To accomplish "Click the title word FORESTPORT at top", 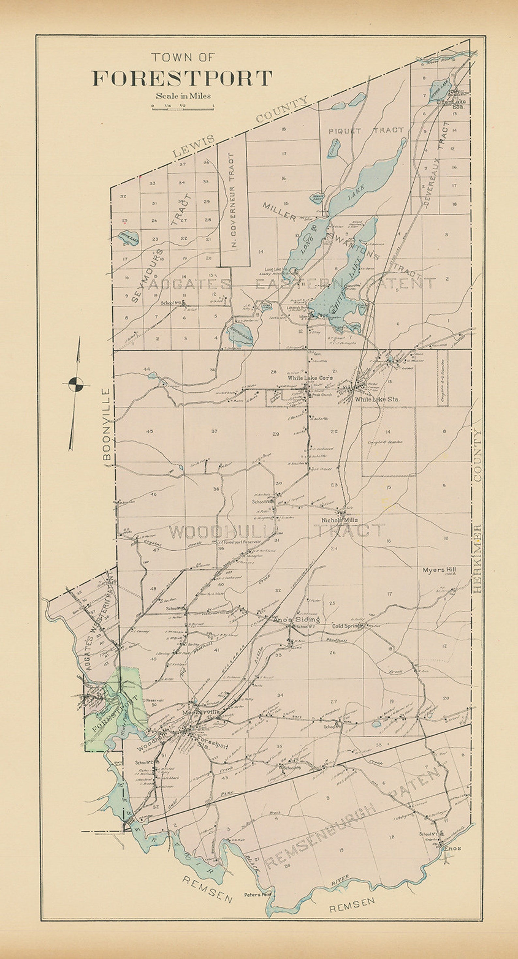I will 182,79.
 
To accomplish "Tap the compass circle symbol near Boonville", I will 76,384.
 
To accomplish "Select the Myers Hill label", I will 439,570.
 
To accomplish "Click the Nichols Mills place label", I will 340,520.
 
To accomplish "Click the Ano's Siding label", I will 297,620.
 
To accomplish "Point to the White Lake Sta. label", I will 377,399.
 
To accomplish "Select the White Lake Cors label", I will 310,378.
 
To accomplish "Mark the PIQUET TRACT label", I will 366,130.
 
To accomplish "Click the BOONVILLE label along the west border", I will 107,425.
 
